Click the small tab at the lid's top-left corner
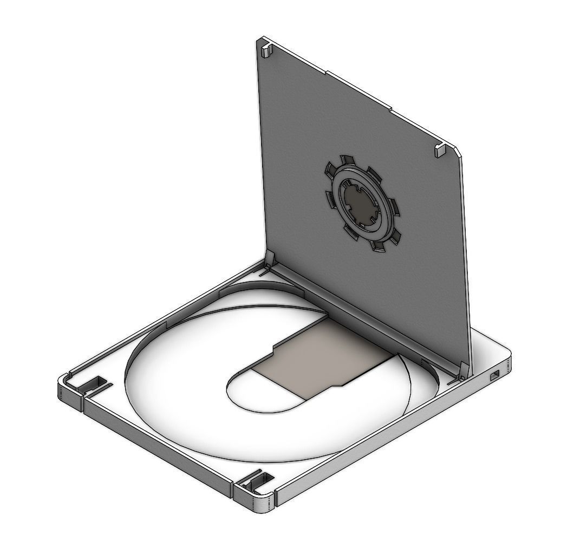(266, 50)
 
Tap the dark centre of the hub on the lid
(359, 204)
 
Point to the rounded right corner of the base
(507, 363)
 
